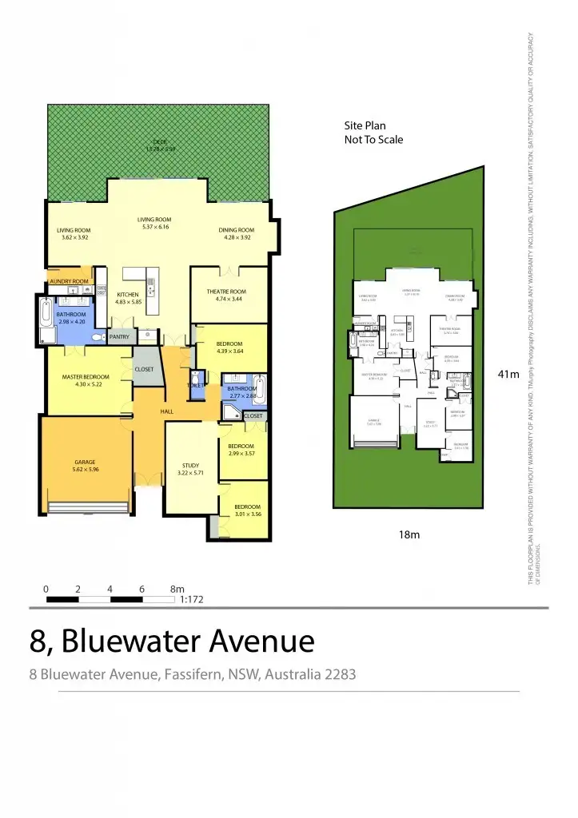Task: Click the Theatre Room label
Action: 226,292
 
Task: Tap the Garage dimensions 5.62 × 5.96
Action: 86,470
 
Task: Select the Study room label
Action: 190,465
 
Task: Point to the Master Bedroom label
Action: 86,376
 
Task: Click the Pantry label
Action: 119,337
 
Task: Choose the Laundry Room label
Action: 68,281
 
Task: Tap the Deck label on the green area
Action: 161,141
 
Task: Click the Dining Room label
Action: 236,230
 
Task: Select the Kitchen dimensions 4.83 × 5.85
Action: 128,302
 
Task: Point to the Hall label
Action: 166,411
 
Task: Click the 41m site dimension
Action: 508,375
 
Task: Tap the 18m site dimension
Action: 409,534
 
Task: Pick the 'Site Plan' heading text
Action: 366,125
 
